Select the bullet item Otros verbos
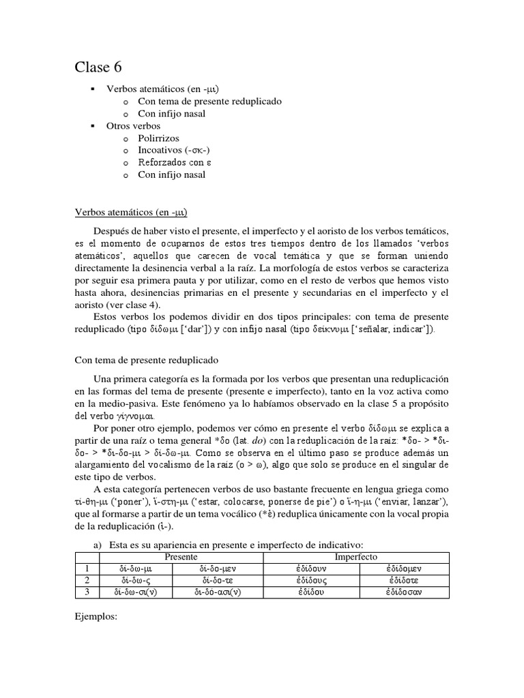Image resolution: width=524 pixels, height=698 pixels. pyautogui.click(x=133, y=126)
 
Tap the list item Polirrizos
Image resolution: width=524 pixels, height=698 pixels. pyautogui.click(x=158, y=138)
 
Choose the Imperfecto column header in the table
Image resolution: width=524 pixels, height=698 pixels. pyautogui.click(x=356, y=557)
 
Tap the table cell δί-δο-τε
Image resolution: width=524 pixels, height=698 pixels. pyautogui.click(x=218, y=580)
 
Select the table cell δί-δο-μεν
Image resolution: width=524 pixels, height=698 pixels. pyautogui.click(x=218, y=568)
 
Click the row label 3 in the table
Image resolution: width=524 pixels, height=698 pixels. pyautogui.click(x=87, y=592)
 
